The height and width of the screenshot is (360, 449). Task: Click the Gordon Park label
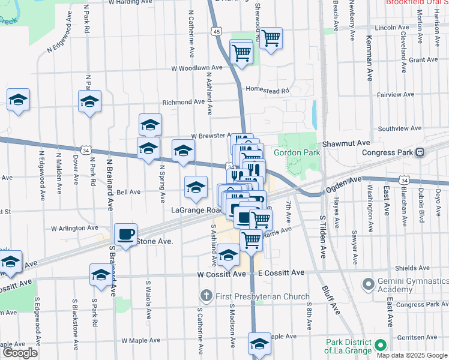[x=297, y=152]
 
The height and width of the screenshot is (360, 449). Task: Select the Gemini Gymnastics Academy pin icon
[x=368, y=283]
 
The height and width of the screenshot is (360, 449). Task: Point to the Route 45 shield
[x=215, y=30]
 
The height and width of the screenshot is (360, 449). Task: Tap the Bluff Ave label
[x=328, y=295]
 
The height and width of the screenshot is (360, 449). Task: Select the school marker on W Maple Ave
[x=259, y=344]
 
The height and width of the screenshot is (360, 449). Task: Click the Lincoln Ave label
[x=391, y=28]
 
